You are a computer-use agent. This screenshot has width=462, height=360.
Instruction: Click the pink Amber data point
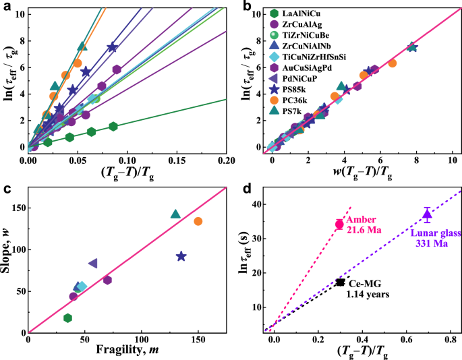[339, 224]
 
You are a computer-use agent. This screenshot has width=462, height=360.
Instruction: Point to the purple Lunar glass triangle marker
[426, 214]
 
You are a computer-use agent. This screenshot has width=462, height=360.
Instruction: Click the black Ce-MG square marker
[341, 282]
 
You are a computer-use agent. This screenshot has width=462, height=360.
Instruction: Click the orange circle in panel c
[198, 221]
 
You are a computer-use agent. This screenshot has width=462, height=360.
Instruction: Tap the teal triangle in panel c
[175, 214]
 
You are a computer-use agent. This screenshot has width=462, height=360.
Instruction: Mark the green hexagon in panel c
[67, 318]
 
